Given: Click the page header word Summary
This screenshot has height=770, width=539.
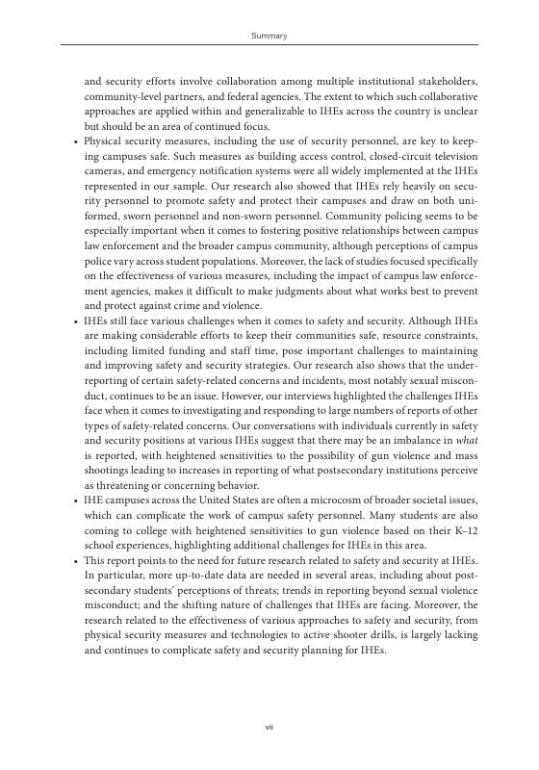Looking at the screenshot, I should (269, 36).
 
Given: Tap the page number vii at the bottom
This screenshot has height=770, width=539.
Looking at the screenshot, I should (269, 727).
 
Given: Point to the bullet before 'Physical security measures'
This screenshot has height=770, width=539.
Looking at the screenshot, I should (76, 141).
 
